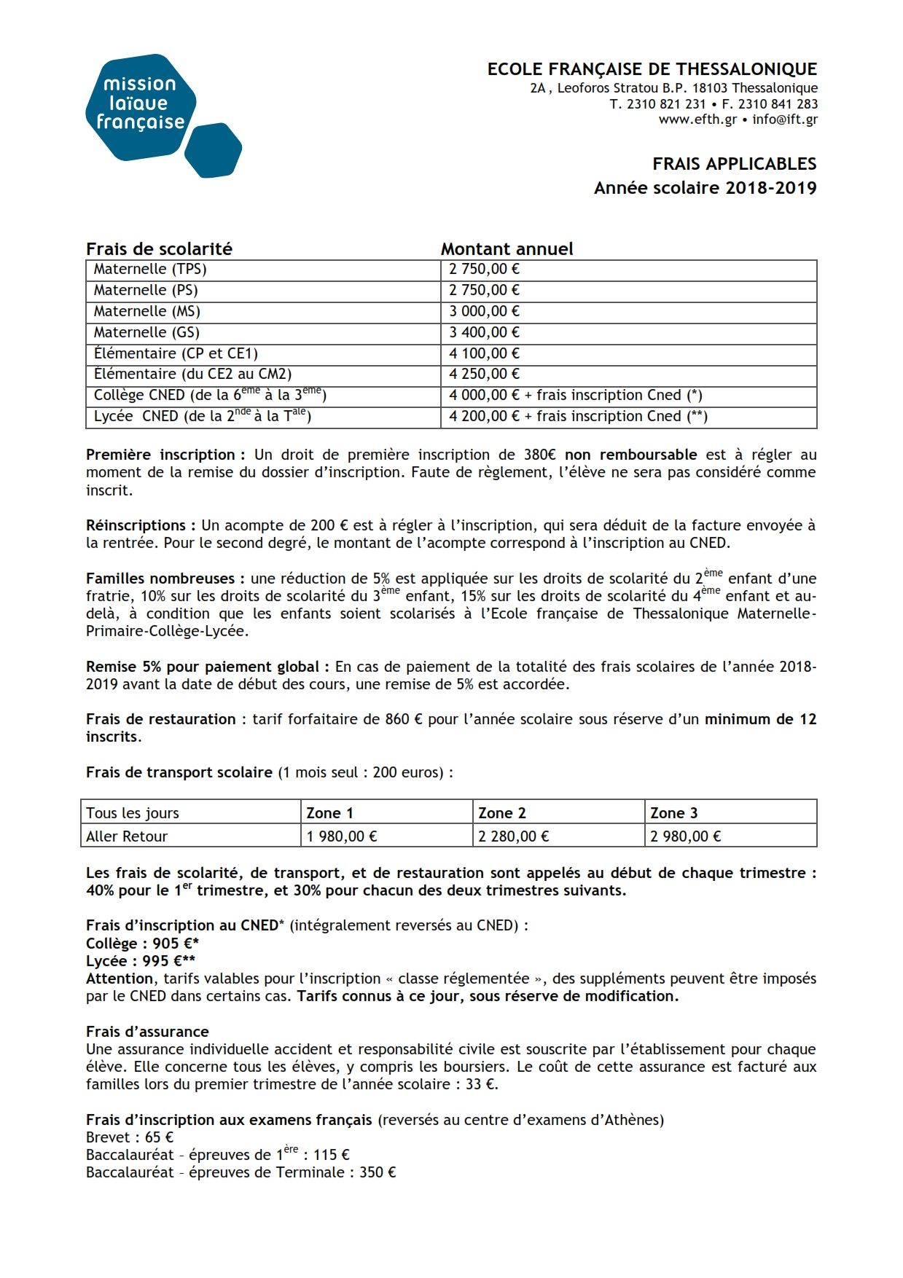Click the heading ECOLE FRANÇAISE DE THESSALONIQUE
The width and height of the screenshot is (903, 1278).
(652, 69)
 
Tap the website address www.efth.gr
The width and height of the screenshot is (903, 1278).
(697, 119)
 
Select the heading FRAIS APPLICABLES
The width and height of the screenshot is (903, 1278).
(734, 164)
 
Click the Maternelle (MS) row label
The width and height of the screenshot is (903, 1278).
(146, 311)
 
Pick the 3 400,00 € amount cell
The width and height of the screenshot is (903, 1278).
(484, 332)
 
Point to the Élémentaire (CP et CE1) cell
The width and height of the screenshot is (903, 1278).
(176, 353)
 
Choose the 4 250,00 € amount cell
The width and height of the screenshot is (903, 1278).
(484, 374)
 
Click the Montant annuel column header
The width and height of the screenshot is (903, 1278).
(507, 249)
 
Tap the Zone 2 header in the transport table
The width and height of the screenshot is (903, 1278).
(501, 813)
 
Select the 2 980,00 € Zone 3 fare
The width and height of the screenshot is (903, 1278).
(685, 836)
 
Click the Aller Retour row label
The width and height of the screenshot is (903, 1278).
(127, 836)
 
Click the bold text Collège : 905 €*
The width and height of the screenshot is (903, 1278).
(142, 944)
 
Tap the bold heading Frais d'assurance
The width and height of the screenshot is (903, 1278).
(147, 1032)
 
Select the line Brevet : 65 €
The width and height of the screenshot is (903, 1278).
(130, 1137)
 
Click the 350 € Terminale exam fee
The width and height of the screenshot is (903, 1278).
(378, 1172)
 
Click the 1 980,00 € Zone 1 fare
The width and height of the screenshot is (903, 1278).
(341, 836)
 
